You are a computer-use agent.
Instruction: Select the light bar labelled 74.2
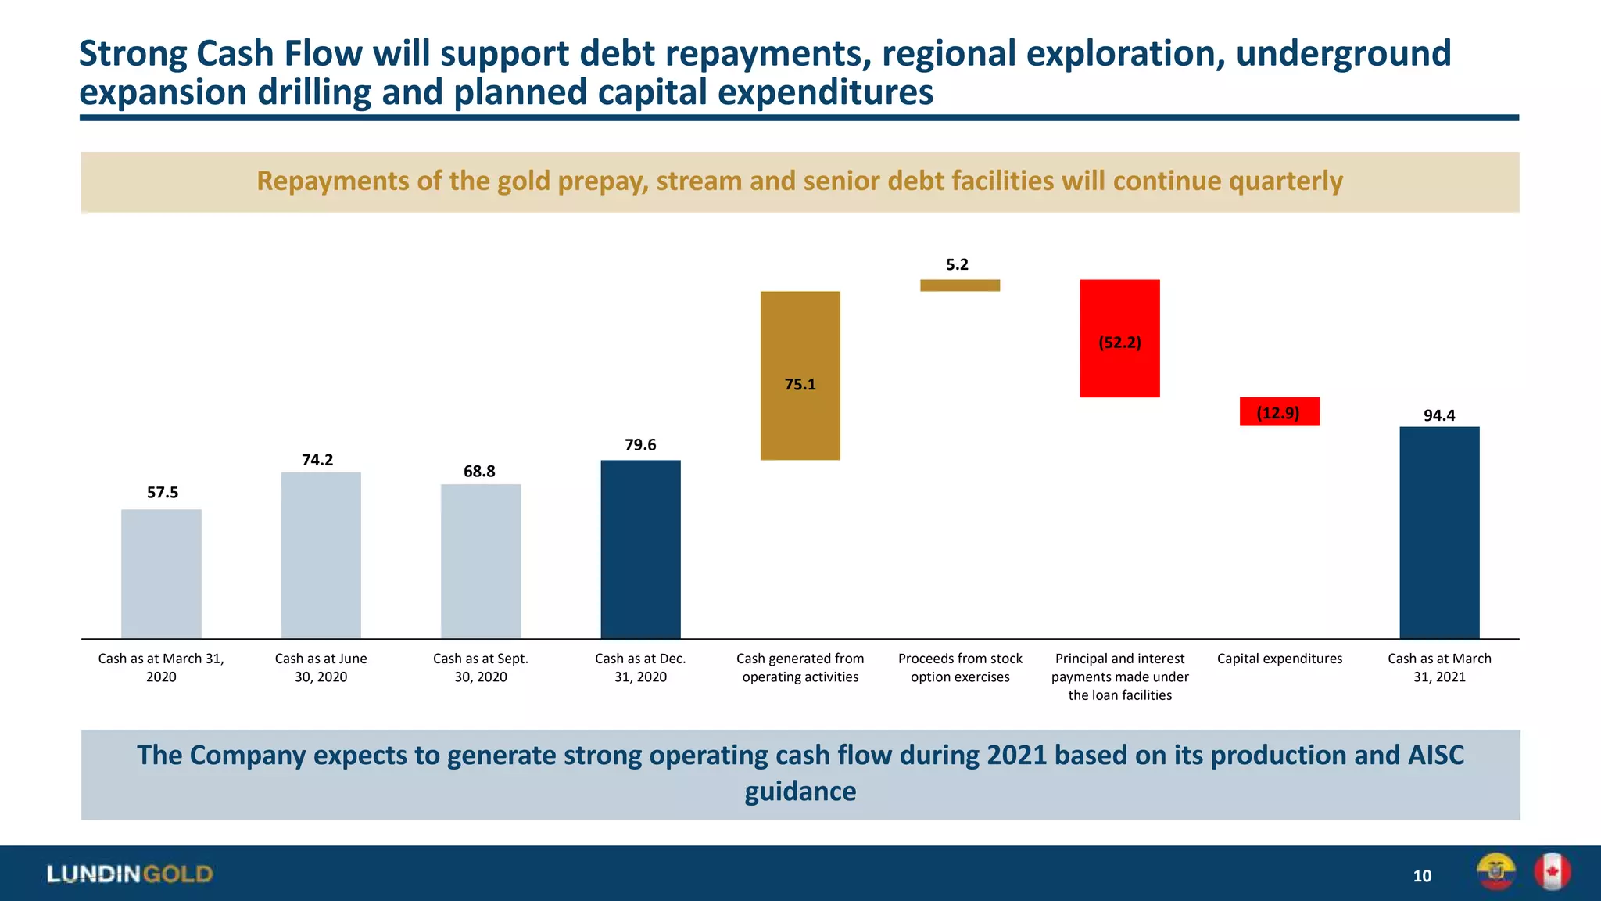coord(321,555)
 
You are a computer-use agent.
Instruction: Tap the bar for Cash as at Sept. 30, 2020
coord(481,561)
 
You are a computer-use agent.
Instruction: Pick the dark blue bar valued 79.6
coord(640,549)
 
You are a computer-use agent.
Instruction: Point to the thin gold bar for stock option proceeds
coord(960,285)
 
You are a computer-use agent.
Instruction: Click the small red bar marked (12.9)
coord(1279,411)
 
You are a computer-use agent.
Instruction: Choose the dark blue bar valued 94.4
coord(1439,532)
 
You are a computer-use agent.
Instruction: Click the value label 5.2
coord(957,264)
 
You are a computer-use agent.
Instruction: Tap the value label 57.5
coord(163,492)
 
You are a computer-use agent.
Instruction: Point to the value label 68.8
coord(479,471)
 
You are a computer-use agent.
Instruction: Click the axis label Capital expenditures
coord(1279,659)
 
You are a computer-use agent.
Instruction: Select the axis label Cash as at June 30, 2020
coord(321,667)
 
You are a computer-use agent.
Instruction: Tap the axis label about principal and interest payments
coord(1119,677)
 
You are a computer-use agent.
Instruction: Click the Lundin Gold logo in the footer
coord(130,874)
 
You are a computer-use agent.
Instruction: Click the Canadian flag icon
coord(1552,871)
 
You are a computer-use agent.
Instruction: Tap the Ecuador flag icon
coord(1495,871)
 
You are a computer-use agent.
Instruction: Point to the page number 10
coord(1422,876)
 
